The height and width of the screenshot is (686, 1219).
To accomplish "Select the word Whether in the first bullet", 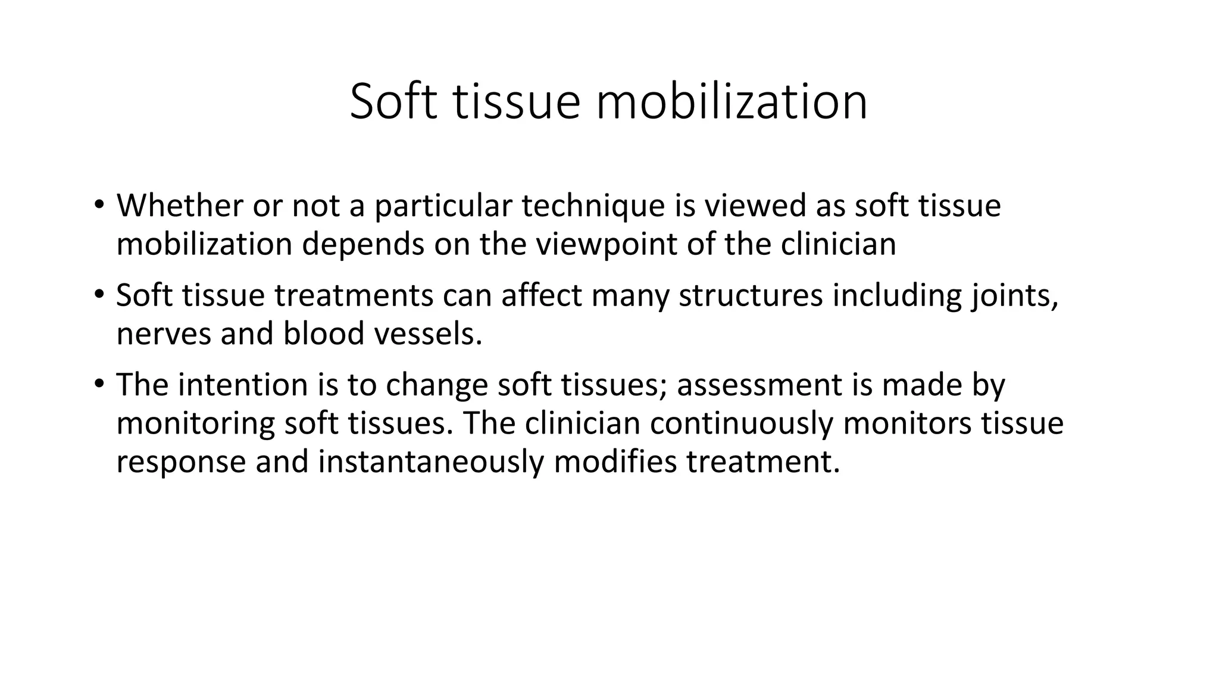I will click(180, 205).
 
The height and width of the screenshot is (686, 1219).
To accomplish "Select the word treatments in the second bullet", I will click(354, 295).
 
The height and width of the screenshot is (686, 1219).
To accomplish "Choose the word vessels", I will click(427, 333).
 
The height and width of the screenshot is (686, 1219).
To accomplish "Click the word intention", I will click(242, 384).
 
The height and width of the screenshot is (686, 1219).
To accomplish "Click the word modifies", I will click(615, 462).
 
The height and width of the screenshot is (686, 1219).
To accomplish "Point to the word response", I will click(181, 462).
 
